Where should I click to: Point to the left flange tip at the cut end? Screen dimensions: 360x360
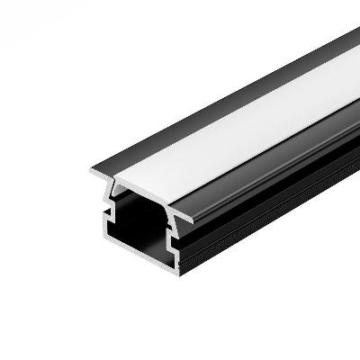coord(91,170)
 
